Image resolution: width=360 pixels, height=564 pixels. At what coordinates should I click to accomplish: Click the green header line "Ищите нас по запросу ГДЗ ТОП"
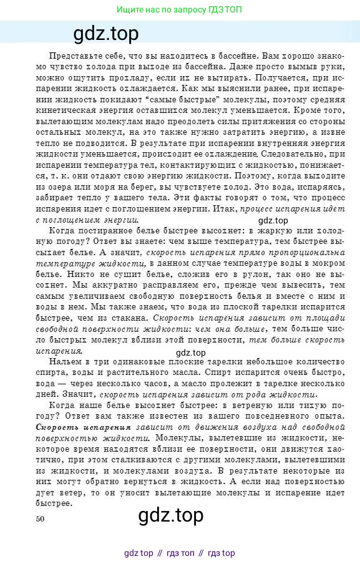coord(180,10)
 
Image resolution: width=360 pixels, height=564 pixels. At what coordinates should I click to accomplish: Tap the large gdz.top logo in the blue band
coord(106,32)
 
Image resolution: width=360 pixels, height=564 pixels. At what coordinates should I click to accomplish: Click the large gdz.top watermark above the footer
coord(170,516)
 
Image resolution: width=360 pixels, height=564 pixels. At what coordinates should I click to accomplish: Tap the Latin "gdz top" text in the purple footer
coord(139,553)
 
